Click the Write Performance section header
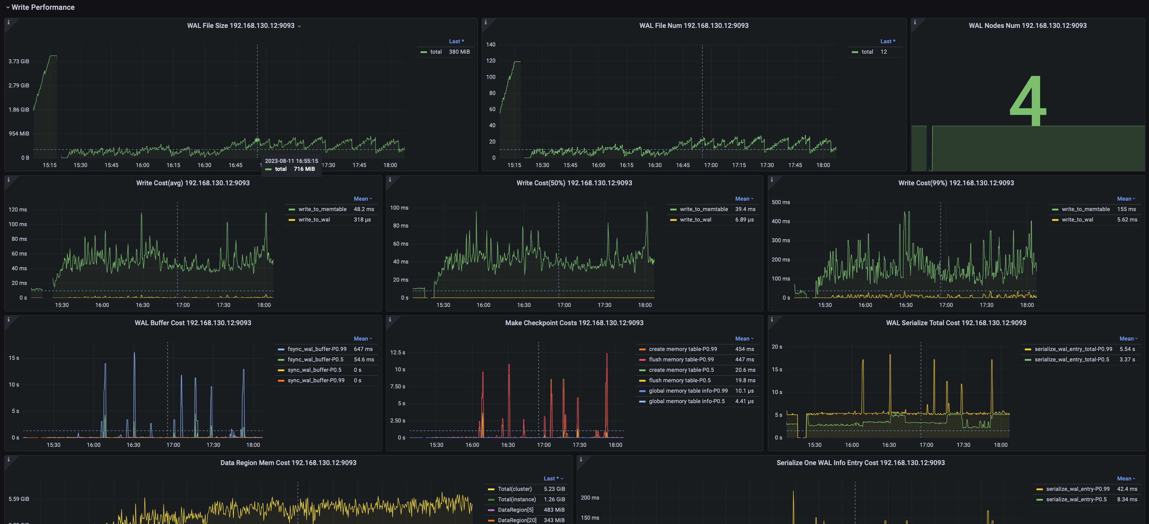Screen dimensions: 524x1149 43,7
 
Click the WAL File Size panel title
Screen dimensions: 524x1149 240,26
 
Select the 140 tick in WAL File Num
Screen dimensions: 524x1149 491,44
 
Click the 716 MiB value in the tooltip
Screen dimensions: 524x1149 304,169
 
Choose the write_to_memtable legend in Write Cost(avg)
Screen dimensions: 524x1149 322,209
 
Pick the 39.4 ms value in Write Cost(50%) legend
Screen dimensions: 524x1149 745,209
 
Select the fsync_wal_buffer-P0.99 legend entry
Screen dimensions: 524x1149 317,349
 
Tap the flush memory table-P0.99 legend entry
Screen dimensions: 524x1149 681,360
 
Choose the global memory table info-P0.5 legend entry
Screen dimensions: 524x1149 686,401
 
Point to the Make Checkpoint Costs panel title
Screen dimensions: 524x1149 574,323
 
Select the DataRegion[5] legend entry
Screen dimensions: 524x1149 515,510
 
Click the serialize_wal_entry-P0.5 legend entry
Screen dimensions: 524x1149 1076,499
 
